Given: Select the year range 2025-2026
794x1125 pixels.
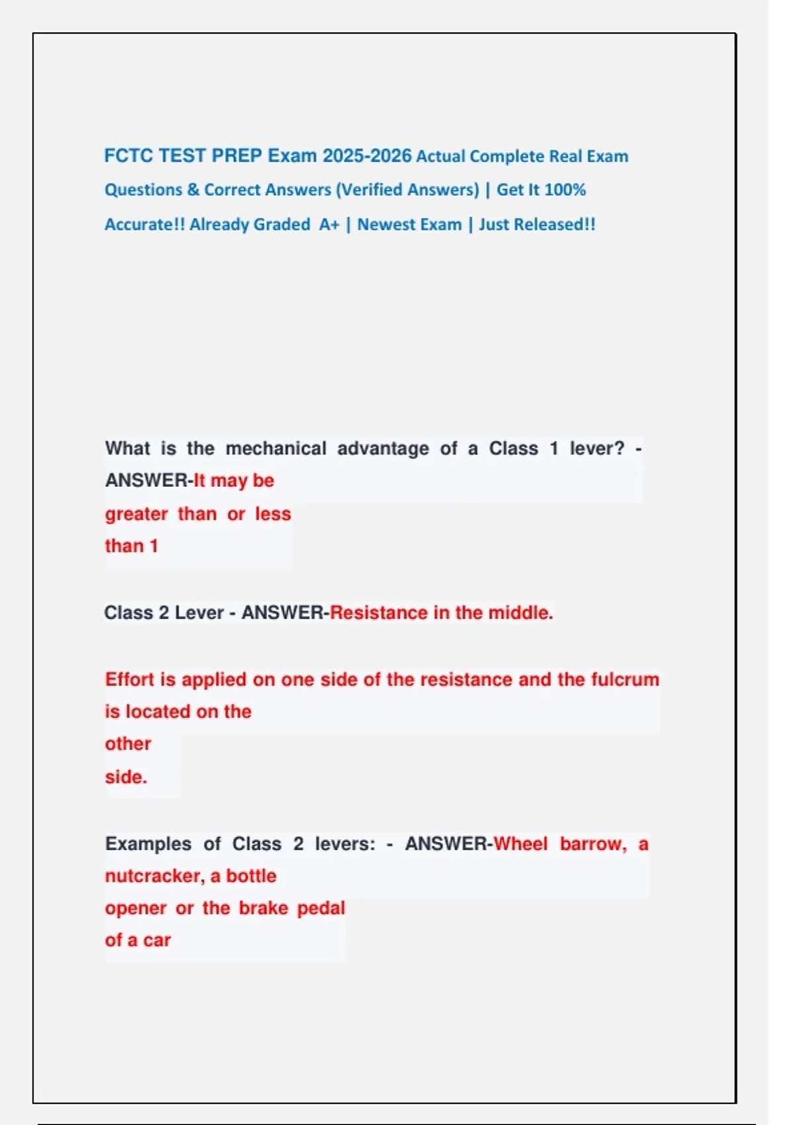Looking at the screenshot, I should point(367,156).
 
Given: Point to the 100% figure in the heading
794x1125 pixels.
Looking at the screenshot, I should point(565,190).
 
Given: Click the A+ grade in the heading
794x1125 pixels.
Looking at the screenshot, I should point(329,225).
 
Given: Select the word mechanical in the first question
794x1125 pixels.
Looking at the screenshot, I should point(276,449).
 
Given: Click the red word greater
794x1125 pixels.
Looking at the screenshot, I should point(136,514).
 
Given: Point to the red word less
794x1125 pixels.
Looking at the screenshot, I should point(273,514).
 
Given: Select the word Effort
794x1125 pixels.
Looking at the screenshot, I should point(130,680).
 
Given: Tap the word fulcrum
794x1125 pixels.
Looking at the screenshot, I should point(625,680).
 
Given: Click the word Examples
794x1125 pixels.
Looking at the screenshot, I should point(148,844).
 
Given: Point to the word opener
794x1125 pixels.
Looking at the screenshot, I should point(136,909).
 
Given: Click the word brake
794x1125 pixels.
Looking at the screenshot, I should point(263,909).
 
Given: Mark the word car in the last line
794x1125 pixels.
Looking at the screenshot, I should point(157,940).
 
